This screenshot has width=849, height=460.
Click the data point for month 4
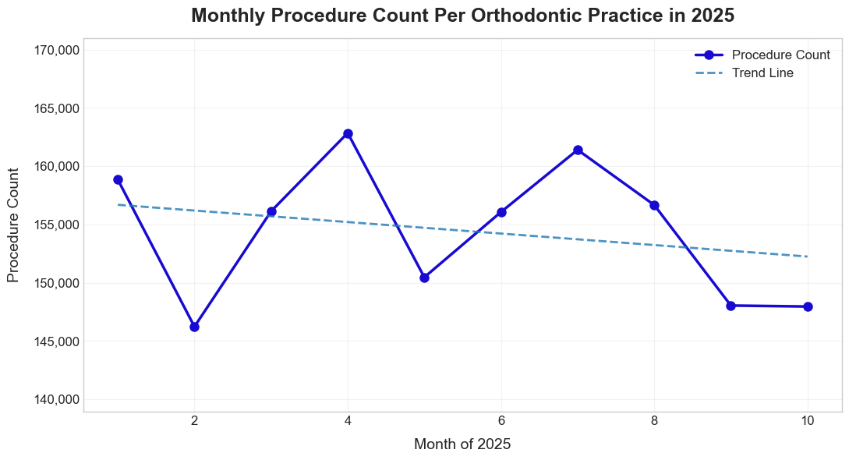[x=348, y=134]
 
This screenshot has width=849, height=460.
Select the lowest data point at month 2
[x=194, y=327]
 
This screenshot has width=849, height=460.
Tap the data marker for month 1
[x=118, y=179]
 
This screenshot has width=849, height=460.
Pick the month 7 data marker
[x=578, y=150]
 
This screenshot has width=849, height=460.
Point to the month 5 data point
[x=424, y=278]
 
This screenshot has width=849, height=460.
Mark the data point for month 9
[x=730, y=306]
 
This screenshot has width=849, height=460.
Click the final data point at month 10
[x=808, y=306]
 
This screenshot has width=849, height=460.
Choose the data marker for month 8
[x=654, y=205]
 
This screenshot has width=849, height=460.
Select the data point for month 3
[x=271, y=211]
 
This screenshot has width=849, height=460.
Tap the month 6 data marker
[x=501, y=212]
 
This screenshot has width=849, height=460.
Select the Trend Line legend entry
[x=762, y=73]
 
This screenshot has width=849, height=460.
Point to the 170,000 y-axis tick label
[x=57, y=50]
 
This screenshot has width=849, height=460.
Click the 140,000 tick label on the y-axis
[x=57, y=400]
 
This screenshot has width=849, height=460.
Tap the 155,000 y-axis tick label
[x=57, y=225]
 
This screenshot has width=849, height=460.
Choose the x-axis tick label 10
[x=808, y=421]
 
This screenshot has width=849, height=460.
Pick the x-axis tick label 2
[x=194, y=421]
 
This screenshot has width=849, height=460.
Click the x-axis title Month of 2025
[x=462, y=444]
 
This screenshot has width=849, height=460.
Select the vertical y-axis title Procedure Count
[x=13, y=225]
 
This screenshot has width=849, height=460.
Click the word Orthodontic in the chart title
[x=496, y=16]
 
